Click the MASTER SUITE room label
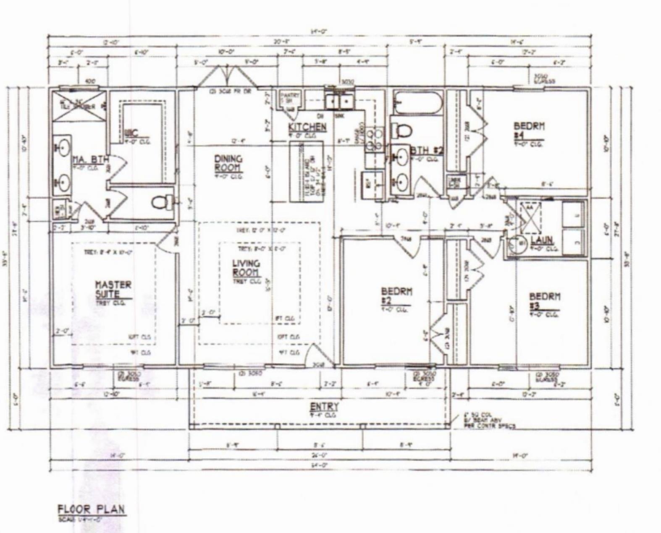click(x=113, y=289)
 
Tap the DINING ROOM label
click(x=228, y=163)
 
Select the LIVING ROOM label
click(x=246, y=268)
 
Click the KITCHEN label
click(x=307, y=127)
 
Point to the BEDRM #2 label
click(x=396, y=295)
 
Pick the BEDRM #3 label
click(x=544, y=300)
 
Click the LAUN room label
click(x=542, y=240)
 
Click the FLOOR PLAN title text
click(x=91, y=509)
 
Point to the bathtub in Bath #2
click(x=417, y=104)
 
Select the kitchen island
click(x=306, y=171)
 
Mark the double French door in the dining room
click(x=227, y=78)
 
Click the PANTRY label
click(x=289, y=98)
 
